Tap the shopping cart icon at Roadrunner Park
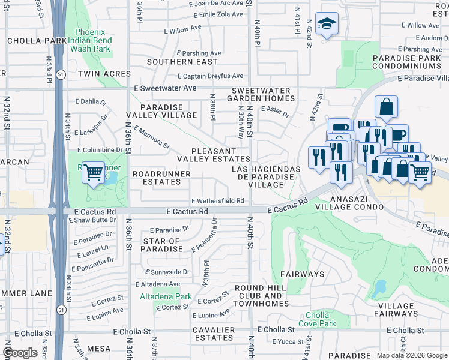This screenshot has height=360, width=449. coord(93,172)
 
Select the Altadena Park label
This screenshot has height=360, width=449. coord(166,296)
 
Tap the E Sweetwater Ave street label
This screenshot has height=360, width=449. coord(165,88)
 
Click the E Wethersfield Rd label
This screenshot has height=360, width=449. coord(217,201)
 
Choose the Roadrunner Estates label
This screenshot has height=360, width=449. coord(161,178)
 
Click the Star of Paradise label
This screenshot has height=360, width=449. coord(162,245)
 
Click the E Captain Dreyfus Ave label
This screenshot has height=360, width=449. coord(211,76)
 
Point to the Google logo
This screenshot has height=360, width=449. coord(20,353)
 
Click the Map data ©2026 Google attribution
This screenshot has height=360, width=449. coord(412,355)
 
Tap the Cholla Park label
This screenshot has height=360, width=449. coord(35,41)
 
